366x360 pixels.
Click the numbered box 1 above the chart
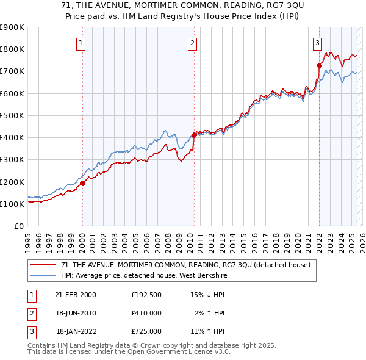pos(81,43)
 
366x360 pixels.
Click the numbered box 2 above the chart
pos(192,43)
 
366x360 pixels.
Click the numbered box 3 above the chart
pos(318,43)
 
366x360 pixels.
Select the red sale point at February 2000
pos(82,183)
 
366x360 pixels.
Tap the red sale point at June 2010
pos(194,135)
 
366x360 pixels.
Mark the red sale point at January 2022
pos(319,65)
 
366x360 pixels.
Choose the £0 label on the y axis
pos(18,226)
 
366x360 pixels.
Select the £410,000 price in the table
pos(146,313)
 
